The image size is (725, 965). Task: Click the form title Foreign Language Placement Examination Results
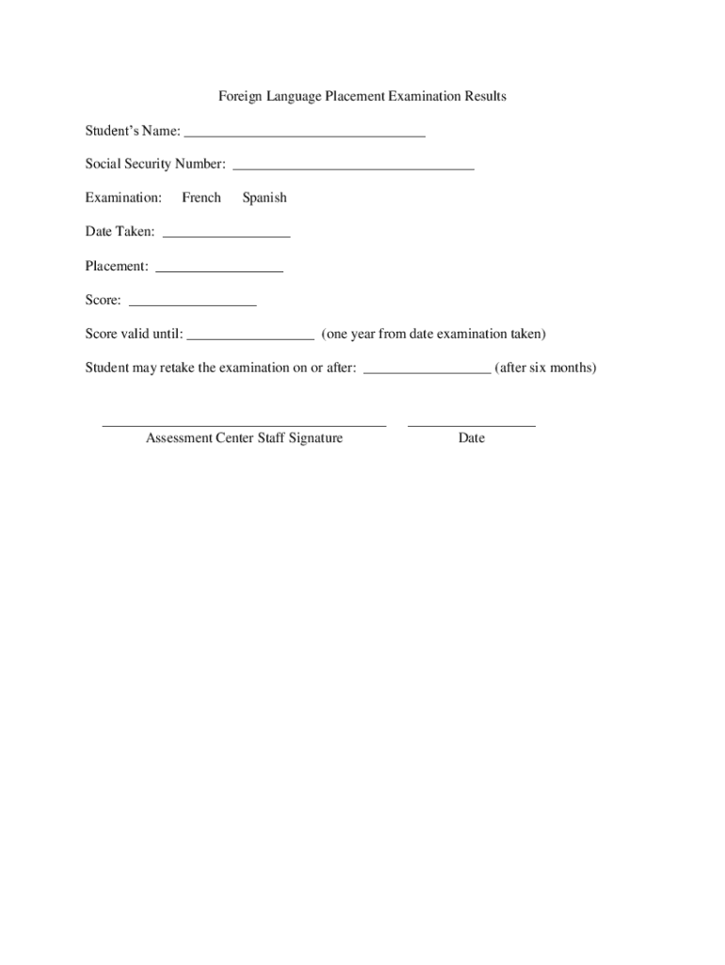[x=362, y=96]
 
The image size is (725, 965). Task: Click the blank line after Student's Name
[x=305, y=134]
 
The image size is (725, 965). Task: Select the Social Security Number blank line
[x=353, y=167]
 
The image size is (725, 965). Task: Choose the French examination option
[x=201, y=198]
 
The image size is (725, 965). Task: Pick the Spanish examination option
[x=265, y=198]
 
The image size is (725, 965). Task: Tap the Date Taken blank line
[x=226, y=234]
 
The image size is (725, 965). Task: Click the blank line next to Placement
[x=219, y=269]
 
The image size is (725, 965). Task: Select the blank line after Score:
[x=192, y=303]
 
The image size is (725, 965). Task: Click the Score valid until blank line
[x=250, y=335]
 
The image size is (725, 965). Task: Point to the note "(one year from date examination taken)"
[x=433, y=334]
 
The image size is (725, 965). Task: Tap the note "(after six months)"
[x=545, y=368]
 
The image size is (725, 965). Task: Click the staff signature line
[x=244, y=424]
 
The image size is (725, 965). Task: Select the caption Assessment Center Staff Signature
[x=244, y=438]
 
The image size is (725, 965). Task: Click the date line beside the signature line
[x=472, y=424]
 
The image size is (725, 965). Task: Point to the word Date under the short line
[x=472, y=438]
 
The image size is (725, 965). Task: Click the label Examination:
[x=123, y=198]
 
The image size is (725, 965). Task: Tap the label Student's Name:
[x=133, y=130]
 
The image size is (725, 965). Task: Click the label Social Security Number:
[x=155, y=164]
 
